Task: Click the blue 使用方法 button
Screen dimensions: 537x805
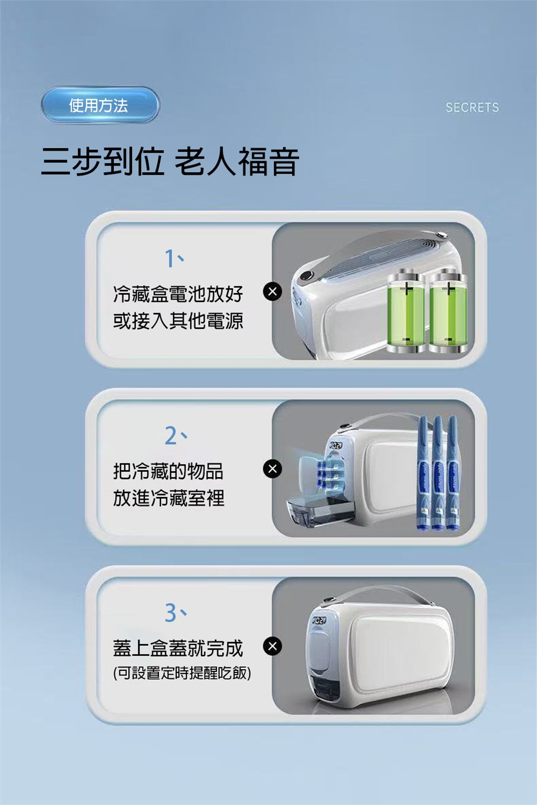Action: click(x=100, y=105)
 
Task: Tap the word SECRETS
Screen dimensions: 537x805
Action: click(x=472, y=107)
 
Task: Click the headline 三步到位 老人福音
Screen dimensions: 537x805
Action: click(x=169, y=162)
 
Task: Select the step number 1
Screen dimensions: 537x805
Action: click(x=169, y=259)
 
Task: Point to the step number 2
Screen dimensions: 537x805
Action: click(x=170, y=435)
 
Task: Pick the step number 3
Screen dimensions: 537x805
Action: click(x=171, y=613)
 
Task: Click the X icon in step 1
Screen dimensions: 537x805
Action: click(x=272, y=291)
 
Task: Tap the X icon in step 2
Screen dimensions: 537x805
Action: click(x=272, y=468)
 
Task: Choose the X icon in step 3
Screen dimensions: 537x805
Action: click(x=272, y=646)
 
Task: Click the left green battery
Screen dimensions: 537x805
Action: click(x=406, y=311)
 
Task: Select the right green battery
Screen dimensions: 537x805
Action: click(x=448, y=311)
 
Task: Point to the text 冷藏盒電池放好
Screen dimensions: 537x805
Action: click(x=178, y=294)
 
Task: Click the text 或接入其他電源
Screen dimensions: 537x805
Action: click(x=178, y=320)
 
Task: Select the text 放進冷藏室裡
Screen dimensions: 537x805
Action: click(x=169, y=498)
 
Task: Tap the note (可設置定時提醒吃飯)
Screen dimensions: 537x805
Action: click(x=182, y=673)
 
